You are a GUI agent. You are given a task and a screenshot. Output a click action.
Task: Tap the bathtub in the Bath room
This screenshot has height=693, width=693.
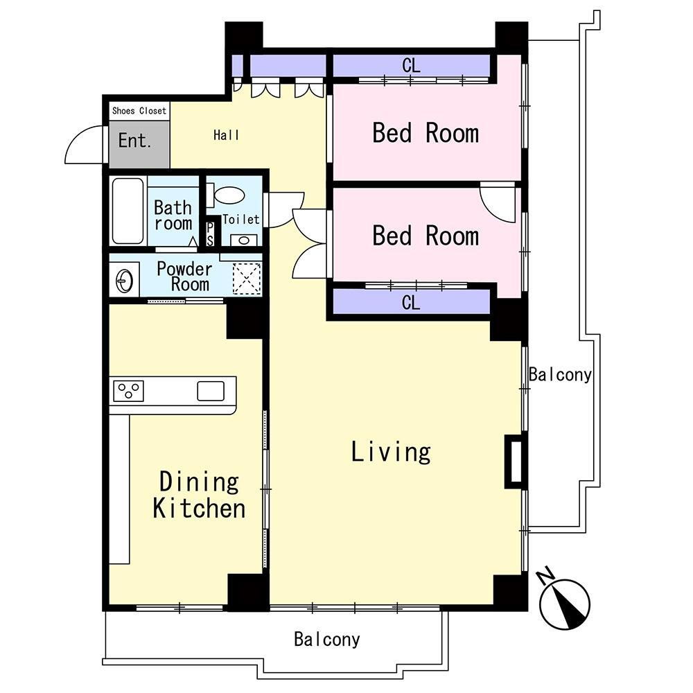click(x=128, y=211)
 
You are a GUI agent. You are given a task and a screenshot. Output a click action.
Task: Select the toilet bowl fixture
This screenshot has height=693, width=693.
click(x=227, y=195)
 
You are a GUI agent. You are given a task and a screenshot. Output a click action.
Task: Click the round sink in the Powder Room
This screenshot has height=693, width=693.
click(x=124, y=281)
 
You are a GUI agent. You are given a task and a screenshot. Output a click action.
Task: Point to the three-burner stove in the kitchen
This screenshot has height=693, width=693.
click(x=129, y=391)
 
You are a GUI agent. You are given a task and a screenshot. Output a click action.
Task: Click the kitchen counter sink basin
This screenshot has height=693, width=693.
click(x=211, y=391)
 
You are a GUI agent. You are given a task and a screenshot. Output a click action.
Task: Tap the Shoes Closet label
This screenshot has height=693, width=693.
click(x=139, y=111)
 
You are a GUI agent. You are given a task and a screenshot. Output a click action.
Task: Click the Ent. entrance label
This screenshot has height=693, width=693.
click(x=135, y=141)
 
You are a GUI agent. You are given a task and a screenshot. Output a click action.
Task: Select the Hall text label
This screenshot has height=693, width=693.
click(x=227, y=135)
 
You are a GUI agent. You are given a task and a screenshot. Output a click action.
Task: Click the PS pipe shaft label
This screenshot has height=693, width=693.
click(x=210, y=234)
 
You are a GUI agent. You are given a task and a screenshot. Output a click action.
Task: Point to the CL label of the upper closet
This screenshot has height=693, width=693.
click(x=411, y=66)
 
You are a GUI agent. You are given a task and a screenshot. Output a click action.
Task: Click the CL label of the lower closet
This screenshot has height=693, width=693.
click(x=411, y=303)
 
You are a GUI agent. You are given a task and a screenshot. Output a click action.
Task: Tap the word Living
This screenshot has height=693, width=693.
click(x=391, y=452)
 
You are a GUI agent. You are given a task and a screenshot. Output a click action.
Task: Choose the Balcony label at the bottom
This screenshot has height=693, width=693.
click(x=327, y=639)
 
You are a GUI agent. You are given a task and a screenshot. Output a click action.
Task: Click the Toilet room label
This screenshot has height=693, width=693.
click(x=241, y=219)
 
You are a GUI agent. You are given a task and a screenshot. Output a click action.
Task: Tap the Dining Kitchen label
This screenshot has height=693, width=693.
click(x=200, y=495)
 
